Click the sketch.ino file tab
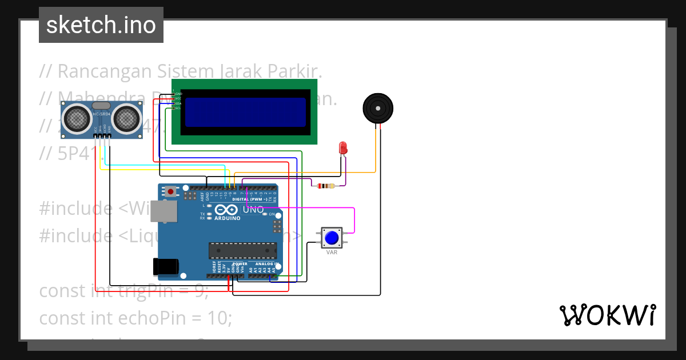pyautogui.click(x=101, y=25)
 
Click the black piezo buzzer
pyautogui.click(x=378, y=108)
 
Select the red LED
pyautogui.click(x=343, y=147)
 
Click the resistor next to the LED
pyautogui.click(x=325, y=186)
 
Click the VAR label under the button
pyautogui.click(x=332, y=252)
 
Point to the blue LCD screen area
pyautogui.click(x=245, y=111)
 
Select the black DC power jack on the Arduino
pyautogui.click(x=166, y=266)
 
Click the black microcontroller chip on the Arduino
pyautogui.click(x=242, y=250)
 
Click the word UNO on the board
pyautogui.click(x=253, y=210)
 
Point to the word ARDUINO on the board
pyautogui.click(x=228, y=218)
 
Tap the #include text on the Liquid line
pyautogui.click(x=75, y=235)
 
